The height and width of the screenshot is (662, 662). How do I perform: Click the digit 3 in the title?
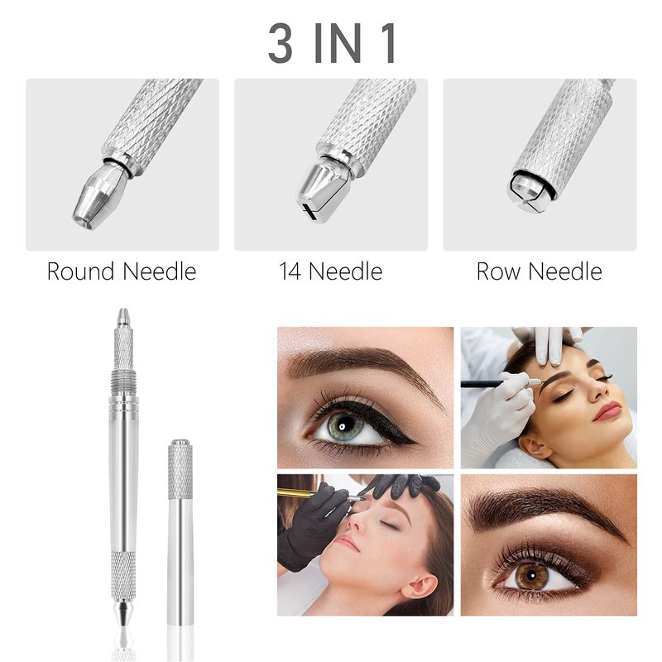pyautogui.click(x=281, y=43)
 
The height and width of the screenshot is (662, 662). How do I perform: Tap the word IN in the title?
pyautogui.click(x=338, y=43)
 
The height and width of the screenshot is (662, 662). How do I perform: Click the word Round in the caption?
pyautogui.click(x=80, y=271)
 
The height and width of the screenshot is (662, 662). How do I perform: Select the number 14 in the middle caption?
pyautogui.click(x=290, y=271)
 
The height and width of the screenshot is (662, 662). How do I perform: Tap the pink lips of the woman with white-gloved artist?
pyautogui.click(x=607, y=410)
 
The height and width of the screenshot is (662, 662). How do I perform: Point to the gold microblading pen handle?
pyautogui.click(x=295, y=492)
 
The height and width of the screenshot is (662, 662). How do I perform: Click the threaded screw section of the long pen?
pyautogui.click(x=122, y=383)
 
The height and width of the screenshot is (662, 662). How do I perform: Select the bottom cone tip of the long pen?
pyautogui.click(x=122, y=613)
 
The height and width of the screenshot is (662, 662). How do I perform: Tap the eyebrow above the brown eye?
pyautogui.click(x=544, y=508)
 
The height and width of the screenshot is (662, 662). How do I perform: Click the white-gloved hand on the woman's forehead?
pyautogui.click(x=549, y=343)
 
